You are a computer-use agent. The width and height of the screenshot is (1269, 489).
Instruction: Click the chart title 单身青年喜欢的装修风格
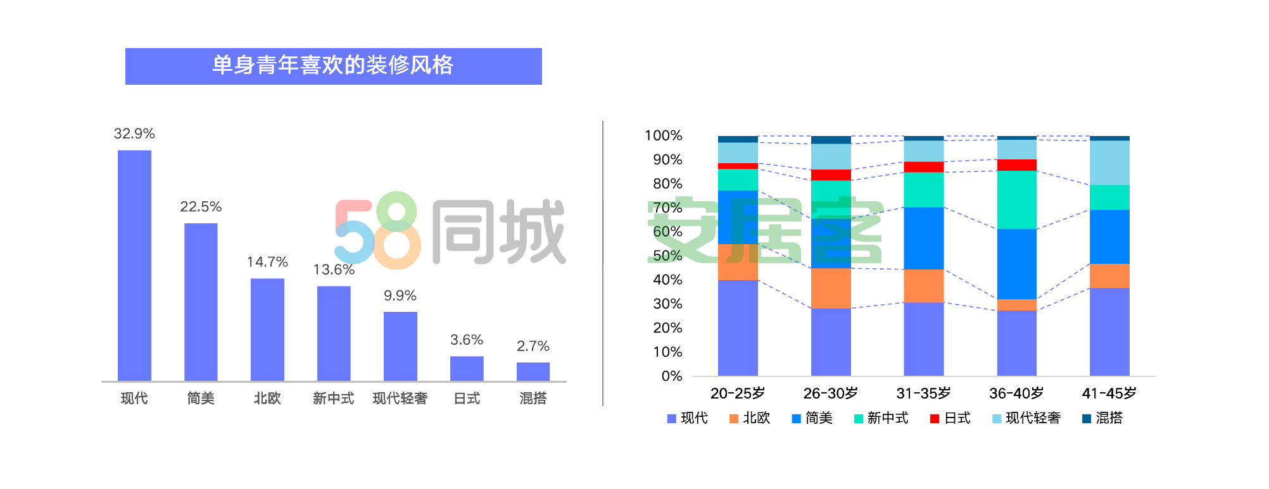[333, 66]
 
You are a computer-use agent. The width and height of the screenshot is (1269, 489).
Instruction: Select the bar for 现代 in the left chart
[134, 266]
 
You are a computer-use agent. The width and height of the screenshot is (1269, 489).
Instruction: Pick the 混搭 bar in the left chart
[533, 371]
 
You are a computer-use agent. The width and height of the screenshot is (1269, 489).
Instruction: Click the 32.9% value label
[134, 133]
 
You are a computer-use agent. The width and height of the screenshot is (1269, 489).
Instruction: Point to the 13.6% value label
[334, 269]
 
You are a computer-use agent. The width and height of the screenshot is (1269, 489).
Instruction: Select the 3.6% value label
[467, 340]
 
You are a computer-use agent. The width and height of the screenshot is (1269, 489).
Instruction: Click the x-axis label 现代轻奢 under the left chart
[400, 398]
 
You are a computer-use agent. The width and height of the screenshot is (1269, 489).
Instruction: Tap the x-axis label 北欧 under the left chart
[267, 398]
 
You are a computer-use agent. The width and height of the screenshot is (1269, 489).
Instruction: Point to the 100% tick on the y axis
[663, 135]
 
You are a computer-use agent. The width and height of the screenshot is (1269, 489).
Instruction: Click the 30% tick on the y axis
[667, 304]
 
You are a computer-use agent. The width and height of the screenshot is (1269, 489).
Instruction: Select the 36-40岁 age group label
[1016, 393]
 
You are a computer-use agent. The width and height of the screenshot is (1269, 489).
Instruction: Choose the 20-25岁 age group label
[738, 393]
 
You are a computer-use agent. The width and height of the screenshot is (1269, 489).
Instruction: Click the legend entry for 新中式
[881, 418]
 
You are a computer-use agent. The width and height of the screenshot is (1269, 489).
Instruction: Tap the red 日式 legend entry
[950, 418]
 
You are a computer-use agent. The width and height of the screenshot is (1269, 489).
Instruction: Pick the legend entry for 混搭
[1102, 418]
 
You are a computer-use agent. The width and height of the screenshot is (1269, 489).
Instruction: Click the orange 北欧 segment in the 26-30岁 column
[831, 288]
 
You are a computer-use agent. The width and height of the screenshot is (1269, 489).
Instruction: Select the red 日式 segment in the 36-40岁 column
[1016, 165]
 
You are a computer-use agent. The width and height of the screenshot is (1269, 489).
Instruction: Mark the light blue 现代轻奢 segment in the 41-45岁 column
[1109, 163]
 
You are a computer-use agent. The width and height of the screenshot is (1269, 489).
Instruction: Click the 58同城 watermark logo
[450, 232]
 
